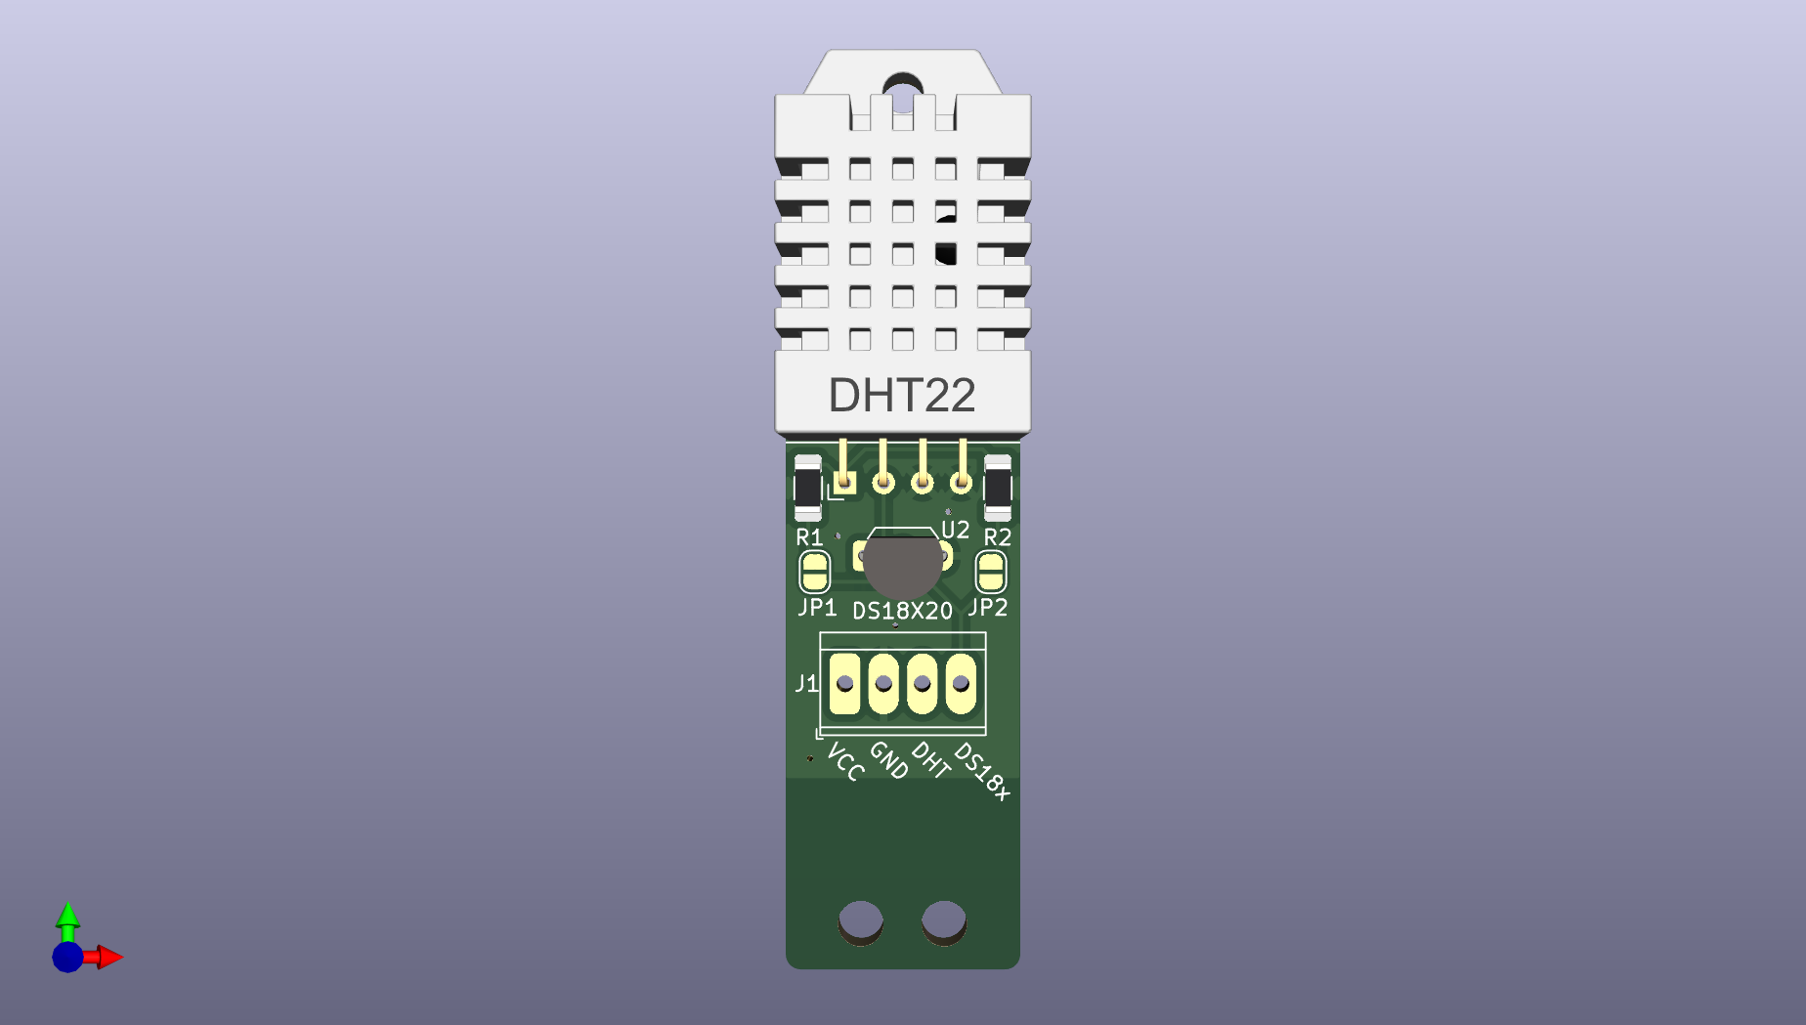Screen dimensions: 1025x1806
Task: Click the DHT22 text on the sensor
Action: (x=901, y=396)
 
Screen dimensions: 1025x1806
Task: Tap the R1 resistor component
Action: (x=807, y=488)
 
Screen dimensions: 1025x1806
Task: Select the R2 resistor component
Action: (x=997, y=488)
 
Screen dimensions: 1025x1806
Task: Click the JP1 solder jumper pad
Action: (x=814, y=573)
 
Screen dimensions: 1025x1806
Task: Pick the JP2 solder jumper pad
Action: (x=990, y=573)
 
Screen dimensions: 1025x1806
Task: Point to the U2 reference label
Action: (x=955, y=531)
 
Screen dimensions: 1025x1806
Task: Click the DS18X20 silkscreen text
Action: (x=902, y=612)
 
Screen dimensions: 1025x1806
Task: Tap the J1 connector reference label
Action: (x=805, y=684)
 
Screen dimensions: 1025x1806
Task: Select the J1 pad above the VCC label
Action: (x=844, y=684)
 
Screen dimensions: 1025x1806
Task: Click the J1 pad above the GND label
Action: (x=883, y=684)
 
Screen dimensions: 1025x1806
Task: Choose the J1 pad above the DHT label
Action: (x=922, y=684)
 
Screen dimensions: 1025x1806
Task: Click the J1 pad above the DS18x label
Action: (x=961, y=684)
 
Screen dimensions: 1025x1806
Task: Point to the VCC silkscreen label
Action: (x=845, y=762)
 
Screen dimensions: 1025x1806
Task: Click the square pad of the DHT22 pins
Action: (x=844, y=482)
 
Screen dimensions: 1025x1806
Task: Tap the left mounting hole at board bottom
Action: (x=861, y=920)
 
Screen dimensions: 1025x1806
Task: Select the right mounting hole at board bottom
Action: (x=944, y=920)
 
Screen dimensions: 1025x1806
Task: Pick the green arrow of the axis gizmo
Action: (x=67, y=917)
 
